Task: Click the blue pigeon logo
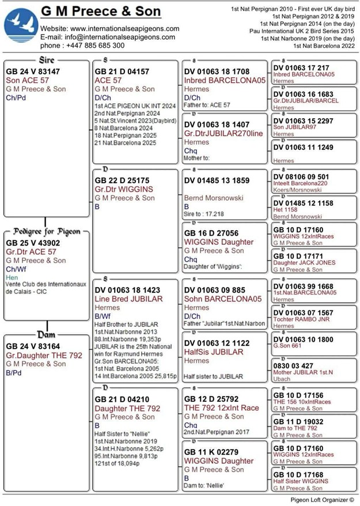click(x=21, y=25)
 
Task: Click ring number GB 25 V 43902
click(x=33, y=243)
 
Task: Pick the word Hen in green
click(x=12, y=277)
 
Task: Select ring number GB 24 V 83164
click(x=33, y=346)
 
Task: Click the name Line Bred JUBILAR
click(x=128, y=299)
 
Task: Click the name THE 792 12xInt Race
click(x=222, y=408)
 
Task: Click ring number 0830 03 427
click(x=293, y=365)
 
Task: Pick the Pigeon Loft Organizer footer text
click(x=322, y=500)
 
